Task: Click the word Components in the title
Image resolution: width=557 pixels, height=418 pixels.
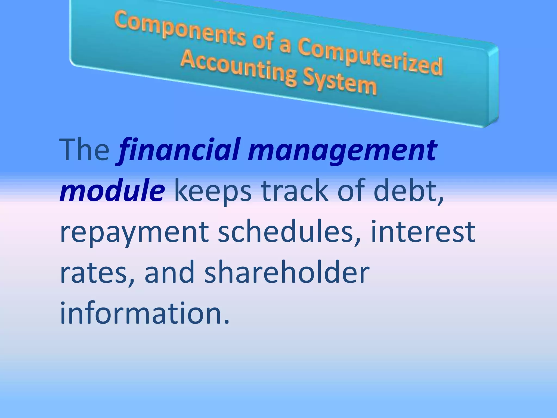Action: [180, 31]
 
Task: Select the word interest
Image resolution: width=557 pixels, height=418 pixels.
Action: [423, 231]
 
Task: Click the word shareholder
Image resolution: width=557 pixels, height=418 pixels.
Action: [287, 272]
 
